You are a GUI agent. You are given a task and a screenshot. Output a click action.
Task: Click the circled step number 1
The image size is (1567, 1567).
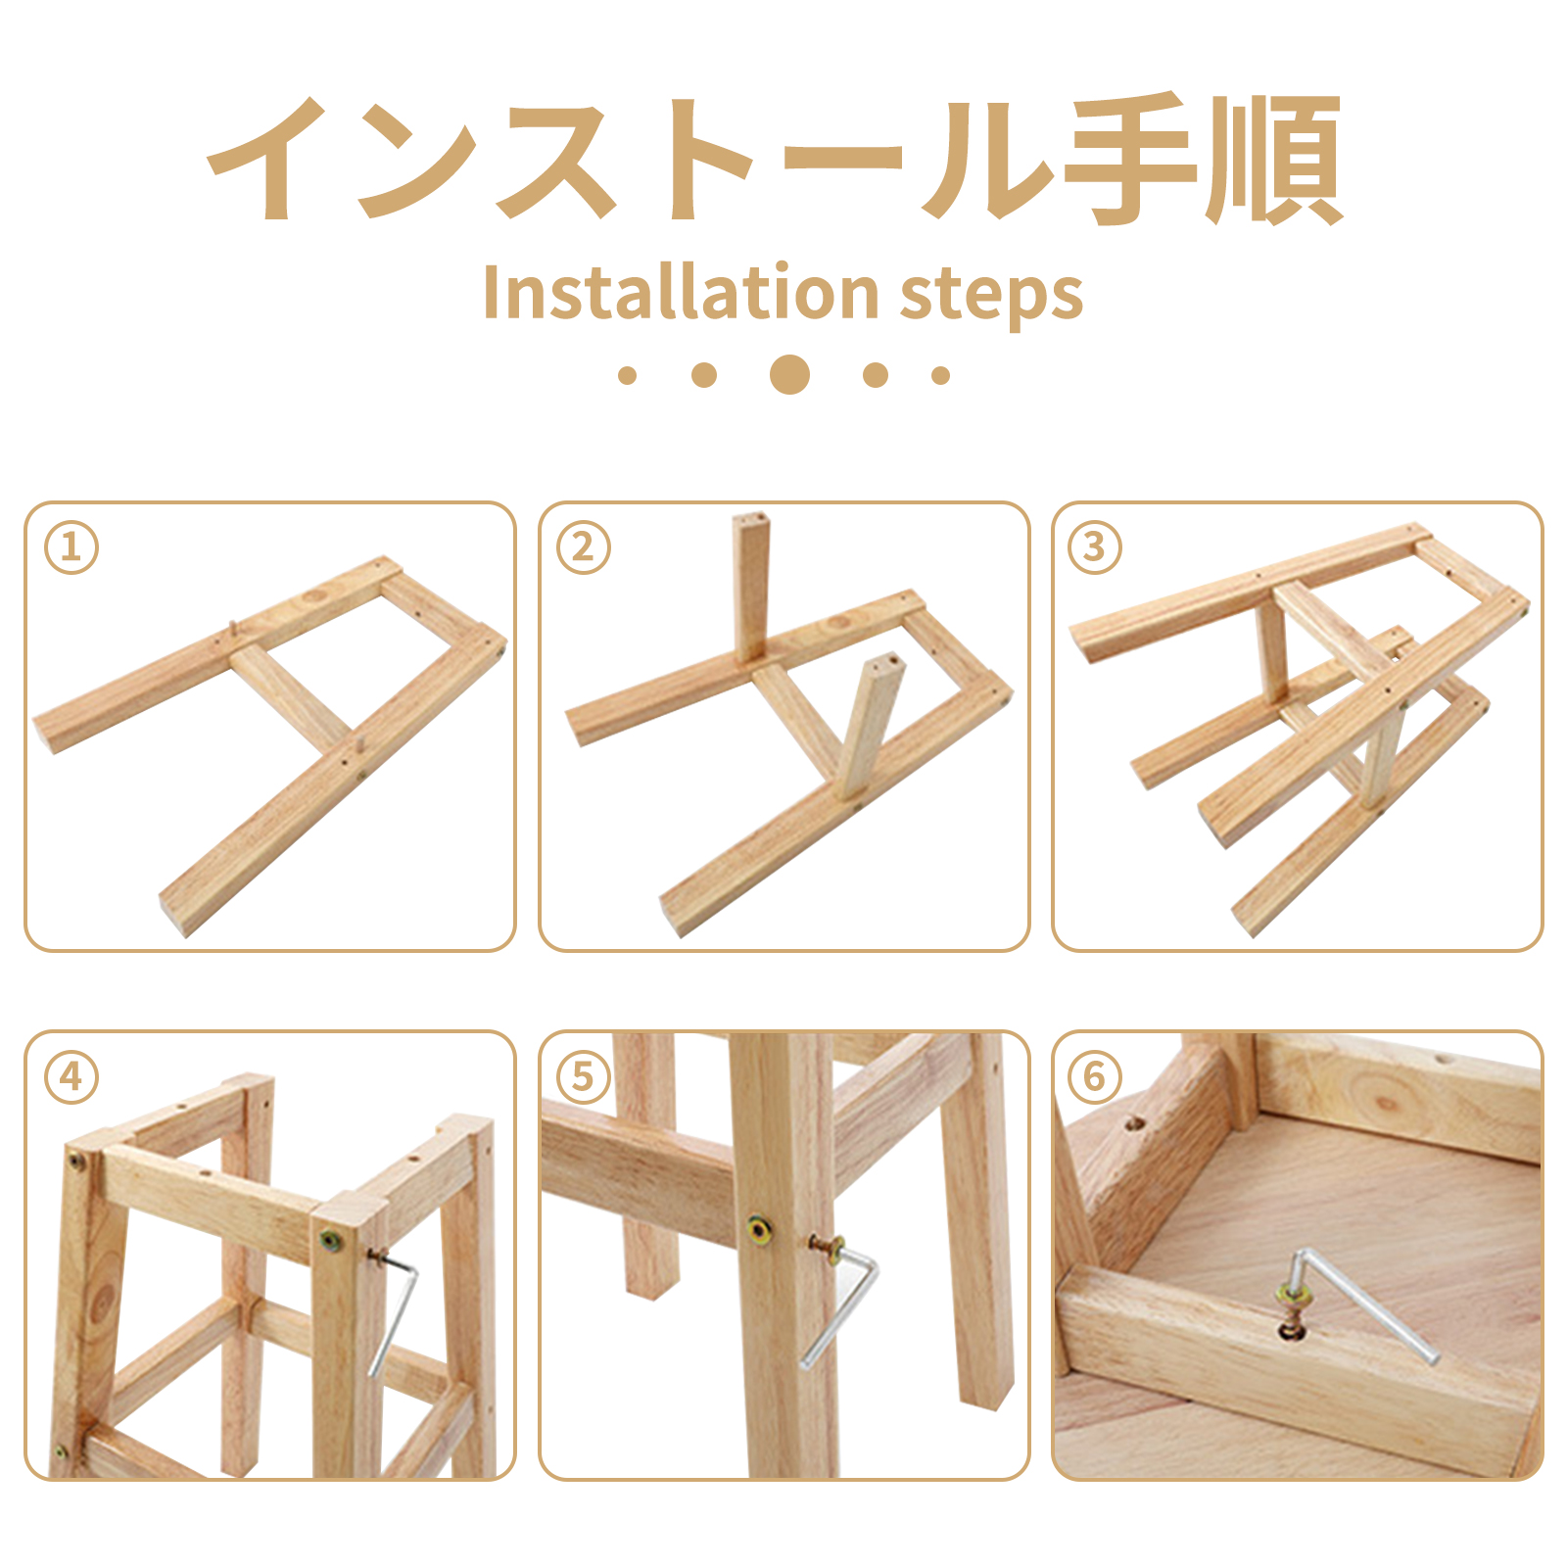(x=71, y=546)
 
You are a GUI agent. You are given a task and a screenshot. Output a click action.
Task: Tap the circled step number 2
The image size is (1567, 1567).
(x=584, y=546)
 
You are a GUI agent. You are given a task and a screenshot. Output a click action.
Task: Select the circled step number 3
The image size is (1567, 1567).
(x=1095, y=546)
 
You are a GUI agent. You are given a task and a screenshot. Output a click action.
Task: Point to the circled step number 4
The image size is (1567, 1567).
(x=71, y=1077)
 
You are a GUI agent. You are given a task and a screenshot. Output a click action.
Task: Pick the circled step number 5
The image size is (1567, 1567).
(x=584, y=1077)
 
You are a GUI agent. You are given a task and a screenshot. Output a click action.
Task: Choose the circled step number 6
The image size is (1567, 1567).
(x=1095, y=1077)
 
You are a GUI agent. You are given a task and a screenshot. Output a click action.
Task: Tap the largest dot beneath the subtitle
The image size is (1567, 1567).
(x=789, y=374)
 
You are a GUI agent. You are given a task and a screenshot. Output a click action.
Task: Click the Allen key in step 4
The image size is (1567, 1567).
(x=396, y=1312)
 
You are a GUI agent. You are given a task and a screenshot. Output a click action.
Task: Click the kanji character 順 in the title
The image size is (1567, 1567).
(x=1274, y=161)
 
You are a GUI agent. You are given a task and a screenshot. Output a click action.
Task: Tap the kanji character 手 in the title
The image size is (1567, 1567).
(x=1131, y=161)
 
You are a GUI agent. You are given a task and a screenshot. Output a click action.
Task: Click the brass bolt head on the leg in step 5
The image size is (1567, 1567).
(x=759, y=1230)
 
